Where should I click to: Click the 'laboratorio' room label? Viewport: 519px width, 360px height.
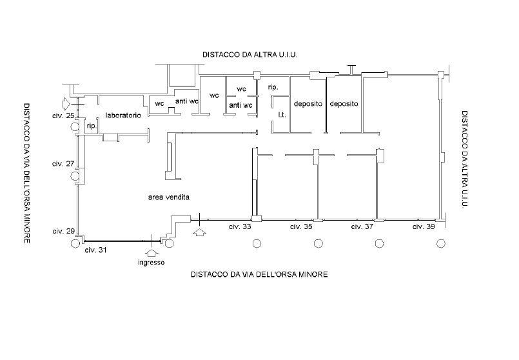coord(123,115)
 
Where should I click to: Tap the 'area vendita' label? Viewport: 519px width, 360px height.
coord(169,197)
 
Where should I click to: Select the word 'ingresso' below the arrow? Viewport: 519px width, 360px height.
coord(152,263)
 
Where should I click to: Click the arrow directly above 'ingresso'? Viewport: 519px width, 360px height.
coord(152,254)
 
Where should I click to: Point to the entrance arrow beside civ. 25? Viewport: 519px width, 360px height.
coord(66,104)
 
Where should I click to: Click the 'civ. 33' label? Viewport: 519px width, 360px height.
coord(240,227)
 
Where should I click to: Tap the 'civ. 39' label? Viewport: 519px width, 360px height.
coord(424,227)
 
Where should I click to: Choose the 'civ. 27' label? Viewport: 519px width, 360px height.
coord(63,164)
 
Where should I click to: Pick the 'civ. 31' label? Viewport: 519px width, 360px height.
coord(95,250)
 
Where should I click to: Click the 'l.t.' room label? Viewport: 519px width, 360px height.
coord(282,115)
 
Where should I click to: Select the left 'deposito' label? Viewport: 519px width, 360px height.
coord(308,104)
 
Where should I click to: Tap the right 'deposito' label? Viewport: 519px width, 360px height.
coord(344,104)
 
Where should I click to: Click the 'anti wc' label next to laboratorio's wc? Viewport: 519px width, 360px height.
coord(187,101)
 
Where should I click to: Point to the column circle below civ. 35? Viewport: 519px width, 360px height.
coord(318,244)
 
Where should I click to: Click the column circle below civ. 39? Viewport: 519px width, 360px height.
coord(441,244)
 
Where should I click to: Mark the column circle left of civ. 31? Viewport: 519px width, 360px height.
coord(75,244)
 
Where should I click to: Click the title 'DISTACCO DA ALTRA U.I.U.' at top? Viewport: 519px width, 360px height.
coord(250,55)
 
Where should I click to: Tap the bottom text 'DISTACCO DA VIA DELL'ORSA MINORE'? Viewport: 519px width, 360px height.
coord(259,275)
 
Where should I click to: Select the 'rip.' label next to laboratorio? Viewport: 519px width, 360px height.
coord(92,126)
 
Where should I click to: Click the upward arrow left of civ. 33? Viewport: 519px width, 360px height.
coord(199,232)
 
